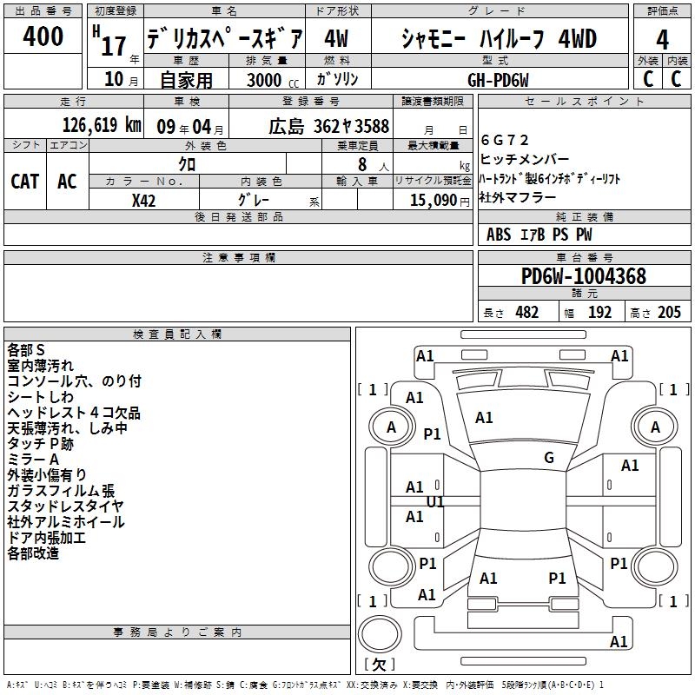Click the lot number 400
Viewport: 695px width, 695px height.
[43, 36]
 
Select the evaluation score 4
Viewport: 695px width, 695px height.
[662, 39]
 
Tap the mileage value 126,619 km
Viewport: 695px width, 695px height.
[102, 125]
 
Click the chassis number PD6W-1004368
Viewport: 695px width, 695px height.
[583, 276]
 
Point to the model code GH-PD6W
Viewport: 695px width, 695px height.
[498, 79]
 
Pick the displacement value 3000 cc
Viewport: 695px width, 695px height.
[266, 80]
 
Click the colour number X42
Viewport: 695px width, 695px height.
[143, 200]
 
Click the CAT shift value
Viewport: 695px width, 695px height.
[25, 181]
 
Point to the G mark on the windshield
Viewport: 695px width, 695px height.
[548, 458]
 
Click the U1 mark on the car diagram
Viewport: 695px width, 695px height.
[435, 501]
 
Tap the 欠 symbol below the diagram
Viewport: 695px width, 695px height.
[378, 665]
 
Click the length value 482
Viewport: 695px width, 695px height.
[526, 312]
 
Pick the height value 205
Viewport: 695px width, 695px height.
[669, 312]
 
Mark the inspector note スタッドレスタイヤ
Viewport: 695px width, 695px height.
[65, 506]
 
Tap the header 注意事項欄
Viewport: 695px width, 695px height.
[238, 258]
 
